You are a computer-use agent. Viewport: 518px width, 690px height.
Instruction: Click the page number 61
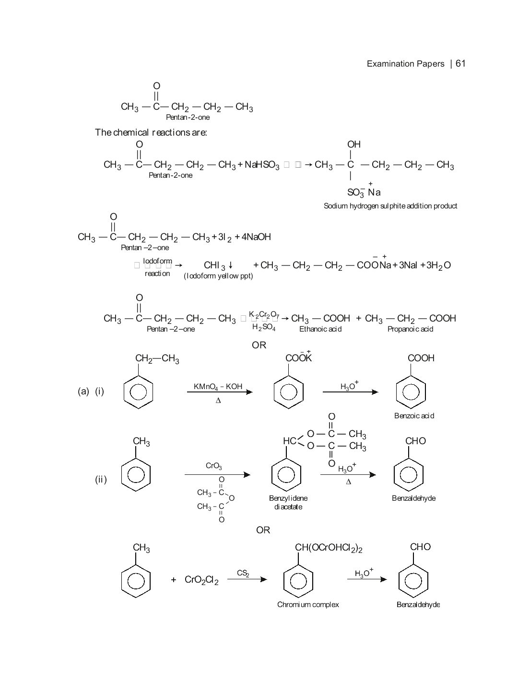[460, 64]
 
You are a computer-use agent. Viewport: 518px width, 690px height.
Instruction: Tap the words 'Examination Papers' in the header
[405, 64]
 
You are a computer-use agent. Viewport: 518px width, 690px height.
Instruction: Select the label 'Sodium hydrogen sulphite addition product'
[390, 206]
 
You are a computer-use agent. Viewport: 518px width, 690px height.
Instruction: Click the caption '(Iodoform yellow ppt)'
[218, 276]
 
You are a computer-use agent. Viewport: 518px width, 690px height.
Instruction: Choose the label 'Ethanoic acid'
[320, 329]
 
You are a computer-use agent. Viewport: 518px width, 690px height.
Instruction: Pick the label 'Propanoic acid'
[410, 329]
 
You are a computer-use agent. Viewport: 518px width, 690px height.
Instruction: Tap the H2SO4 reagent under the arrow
[264, 327]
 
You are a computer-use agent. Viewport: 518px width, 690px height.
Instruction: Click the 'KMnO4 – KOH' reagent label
[218, 387]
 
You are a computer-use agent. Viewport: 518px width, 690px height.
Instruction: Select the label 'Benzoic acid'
[414, 416]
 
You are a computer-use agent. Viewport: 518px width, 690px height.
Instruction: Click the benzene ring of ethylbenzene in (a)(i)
[138, 392]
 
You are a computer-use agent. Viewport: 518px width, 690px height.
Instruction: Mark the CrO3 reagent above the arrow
[213, 466]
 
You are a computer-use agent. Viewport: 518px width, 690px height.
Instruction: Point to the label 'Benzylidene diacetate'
[288, 503]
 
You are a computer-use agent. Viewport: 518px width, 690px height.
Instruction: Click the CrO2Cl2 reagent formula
[201, 580]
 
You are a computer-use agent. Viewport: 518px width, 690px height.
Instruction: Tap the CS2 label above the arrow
[243, 573]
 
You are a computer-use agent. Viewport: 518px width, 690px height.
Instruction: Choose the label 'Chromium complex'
[308, 605]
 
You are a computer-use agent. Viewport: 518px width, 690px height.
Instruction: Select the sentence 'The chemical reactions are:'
[151, 132]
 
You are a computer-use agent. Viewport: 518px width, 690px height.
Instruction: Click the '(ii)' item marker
[101, 480]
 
